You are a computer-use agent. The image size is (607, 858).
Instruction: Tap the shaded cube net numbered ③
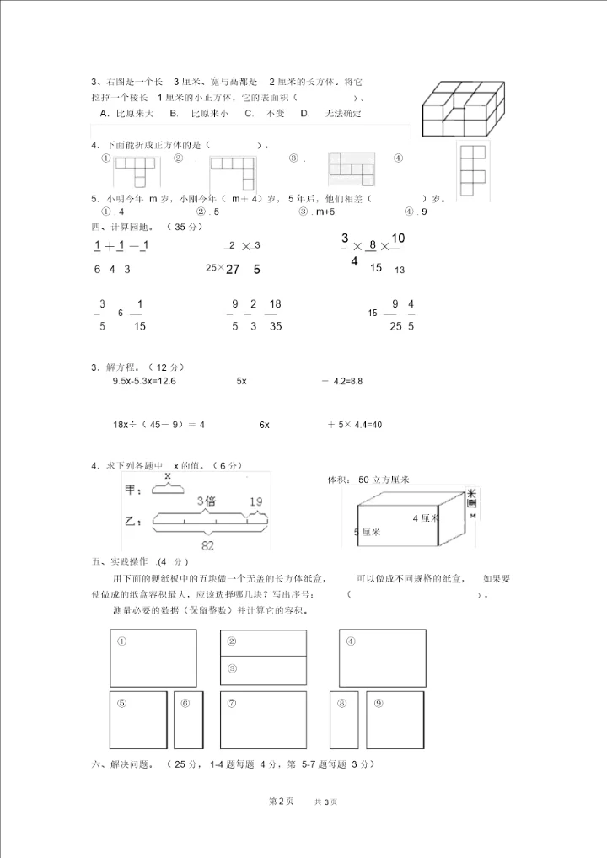[x=351, y=169]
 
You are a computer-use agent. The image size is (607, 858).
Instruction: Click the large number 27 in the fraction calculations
[x=234, y=270]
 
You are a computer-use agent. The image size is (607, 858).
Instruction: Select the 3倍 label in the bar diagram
[x=206, y=501]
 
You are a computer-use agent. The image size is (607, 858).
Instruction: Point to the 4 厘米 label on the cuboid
[x=426, y=517]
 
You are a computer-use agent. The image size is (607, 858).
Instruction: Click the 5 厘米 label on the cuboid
[x=367, y=532]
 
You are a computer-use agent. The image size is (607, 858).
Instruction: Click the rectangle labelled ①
[x=153, y=657]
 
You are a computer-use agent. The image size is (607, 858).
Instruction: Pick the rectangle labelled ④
[x=383, y=657]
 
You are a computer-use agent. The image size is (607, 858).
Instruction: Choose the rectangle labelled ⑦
[x=262, y=719]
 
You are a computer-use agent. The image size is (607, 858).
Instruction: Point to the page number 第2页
[x=281, y=802]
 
